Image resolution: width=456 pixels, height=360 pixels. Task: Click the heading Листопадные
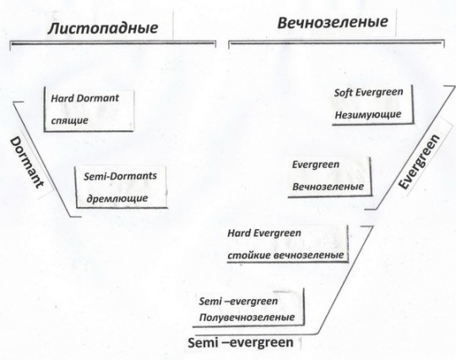103,28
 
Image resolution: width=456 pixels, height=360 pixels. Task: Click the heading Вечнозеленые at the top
333,23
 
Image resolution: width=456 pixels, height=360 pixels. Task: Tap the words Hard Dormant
85,98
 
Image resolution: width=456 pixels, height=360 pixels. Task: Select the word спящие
69,120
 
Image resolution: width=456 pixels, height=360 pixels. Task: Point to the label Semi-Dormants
120,176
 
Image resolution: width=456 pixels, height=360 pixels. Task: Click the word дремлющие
117,199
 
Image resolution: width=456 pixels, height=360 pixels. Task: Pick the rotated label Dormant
27,162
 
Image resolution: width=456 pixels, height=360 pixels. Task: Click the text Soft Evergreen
368,93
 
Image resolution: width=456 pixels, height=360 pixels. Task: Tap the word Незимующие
368,114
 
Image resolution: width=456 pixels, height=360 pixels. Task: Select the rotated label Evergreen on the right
419,161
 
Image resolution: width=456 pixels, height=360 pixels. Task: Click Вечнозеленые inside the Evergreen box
328,187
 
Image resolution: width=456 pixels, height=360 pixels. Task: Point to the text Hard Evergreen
264,233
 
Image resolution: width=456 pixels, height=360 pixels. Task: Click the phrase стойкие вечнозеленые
285,255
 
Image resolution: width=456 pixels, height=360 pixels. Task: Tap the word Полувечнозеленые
247,317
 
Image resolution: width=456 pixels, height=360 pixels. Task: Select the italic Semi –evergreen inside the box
238,301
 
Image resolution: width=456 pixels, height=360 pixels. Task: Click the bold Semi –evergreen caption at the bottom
241,342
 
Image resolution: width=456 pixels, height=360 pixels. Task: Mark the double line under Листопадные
113,43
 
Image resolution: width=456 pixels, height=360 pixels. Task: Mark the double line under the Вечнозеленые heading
336,43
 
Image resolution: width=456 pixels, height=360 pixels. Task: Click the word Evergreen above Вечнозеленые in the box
316,165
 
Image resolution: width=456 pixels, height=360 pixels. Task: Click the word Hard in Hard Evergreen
239,233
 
